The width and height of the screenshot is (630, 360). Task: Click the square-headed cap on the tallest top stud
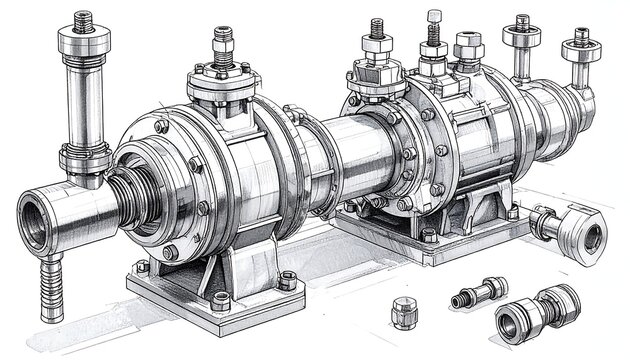[433, 16]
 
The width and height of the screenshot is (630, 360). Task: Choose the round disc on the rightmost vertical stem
[579, 45]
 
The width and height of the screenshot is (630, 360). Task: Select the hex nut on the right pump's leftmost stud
[377, 48]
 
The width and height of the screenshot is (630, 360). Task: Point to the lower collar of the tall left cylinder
[83, 155]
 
